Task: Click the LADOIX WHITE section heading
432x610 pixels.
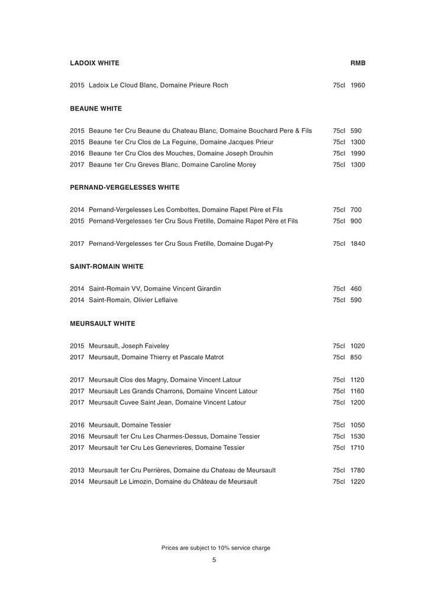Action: click(x=95, y=63)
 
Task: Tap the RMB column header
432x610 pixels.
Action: click(x=357, y=63)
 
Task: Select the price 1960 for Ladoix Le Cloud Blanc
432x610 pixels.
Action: click(x=357, y=85)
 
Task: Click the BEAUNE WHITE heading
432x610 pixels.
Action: click(x=96, y=109)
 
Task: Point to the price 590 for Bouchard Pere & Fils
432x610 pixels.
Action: click(x=356, y=131)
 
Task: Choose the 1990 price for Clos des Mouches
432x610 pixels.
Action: click(x=357, y=153)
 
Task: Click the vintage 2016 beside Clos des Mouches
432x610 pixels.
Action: click(x=77, y=153)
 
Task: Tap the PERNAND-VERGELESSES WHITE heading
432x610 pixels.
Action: click(x=125, y=187)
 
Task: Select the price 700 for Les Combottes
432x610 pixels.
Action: click(x=356, y=210)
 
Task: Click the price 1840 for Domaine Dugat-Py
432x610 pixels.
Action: click(x=357, y=244)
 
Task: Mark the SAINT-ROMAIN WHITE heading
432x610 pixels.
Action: click(x=107, y=267)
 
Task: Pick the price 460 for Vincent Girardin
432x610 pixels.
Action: click(x=356, y=289)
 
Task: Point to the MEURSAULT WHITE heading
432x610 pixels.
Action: click(x=102, y=323)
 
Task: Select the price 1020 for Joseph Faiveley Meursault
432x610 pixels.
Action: click(x=357, y=346)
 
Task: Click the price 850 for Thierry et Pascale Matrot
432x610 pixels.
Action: click(x=356, y=357)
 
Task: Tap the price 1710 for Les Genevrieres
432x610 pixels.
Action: click(x=357, y=447)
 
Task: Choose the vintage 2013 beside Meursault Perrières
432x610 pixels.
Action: click(x=77, y=471)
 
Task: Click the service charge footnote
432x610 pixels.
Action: click(x=216, y=548)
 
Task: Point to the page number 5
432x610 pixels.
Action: click(x=214, y=560)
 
